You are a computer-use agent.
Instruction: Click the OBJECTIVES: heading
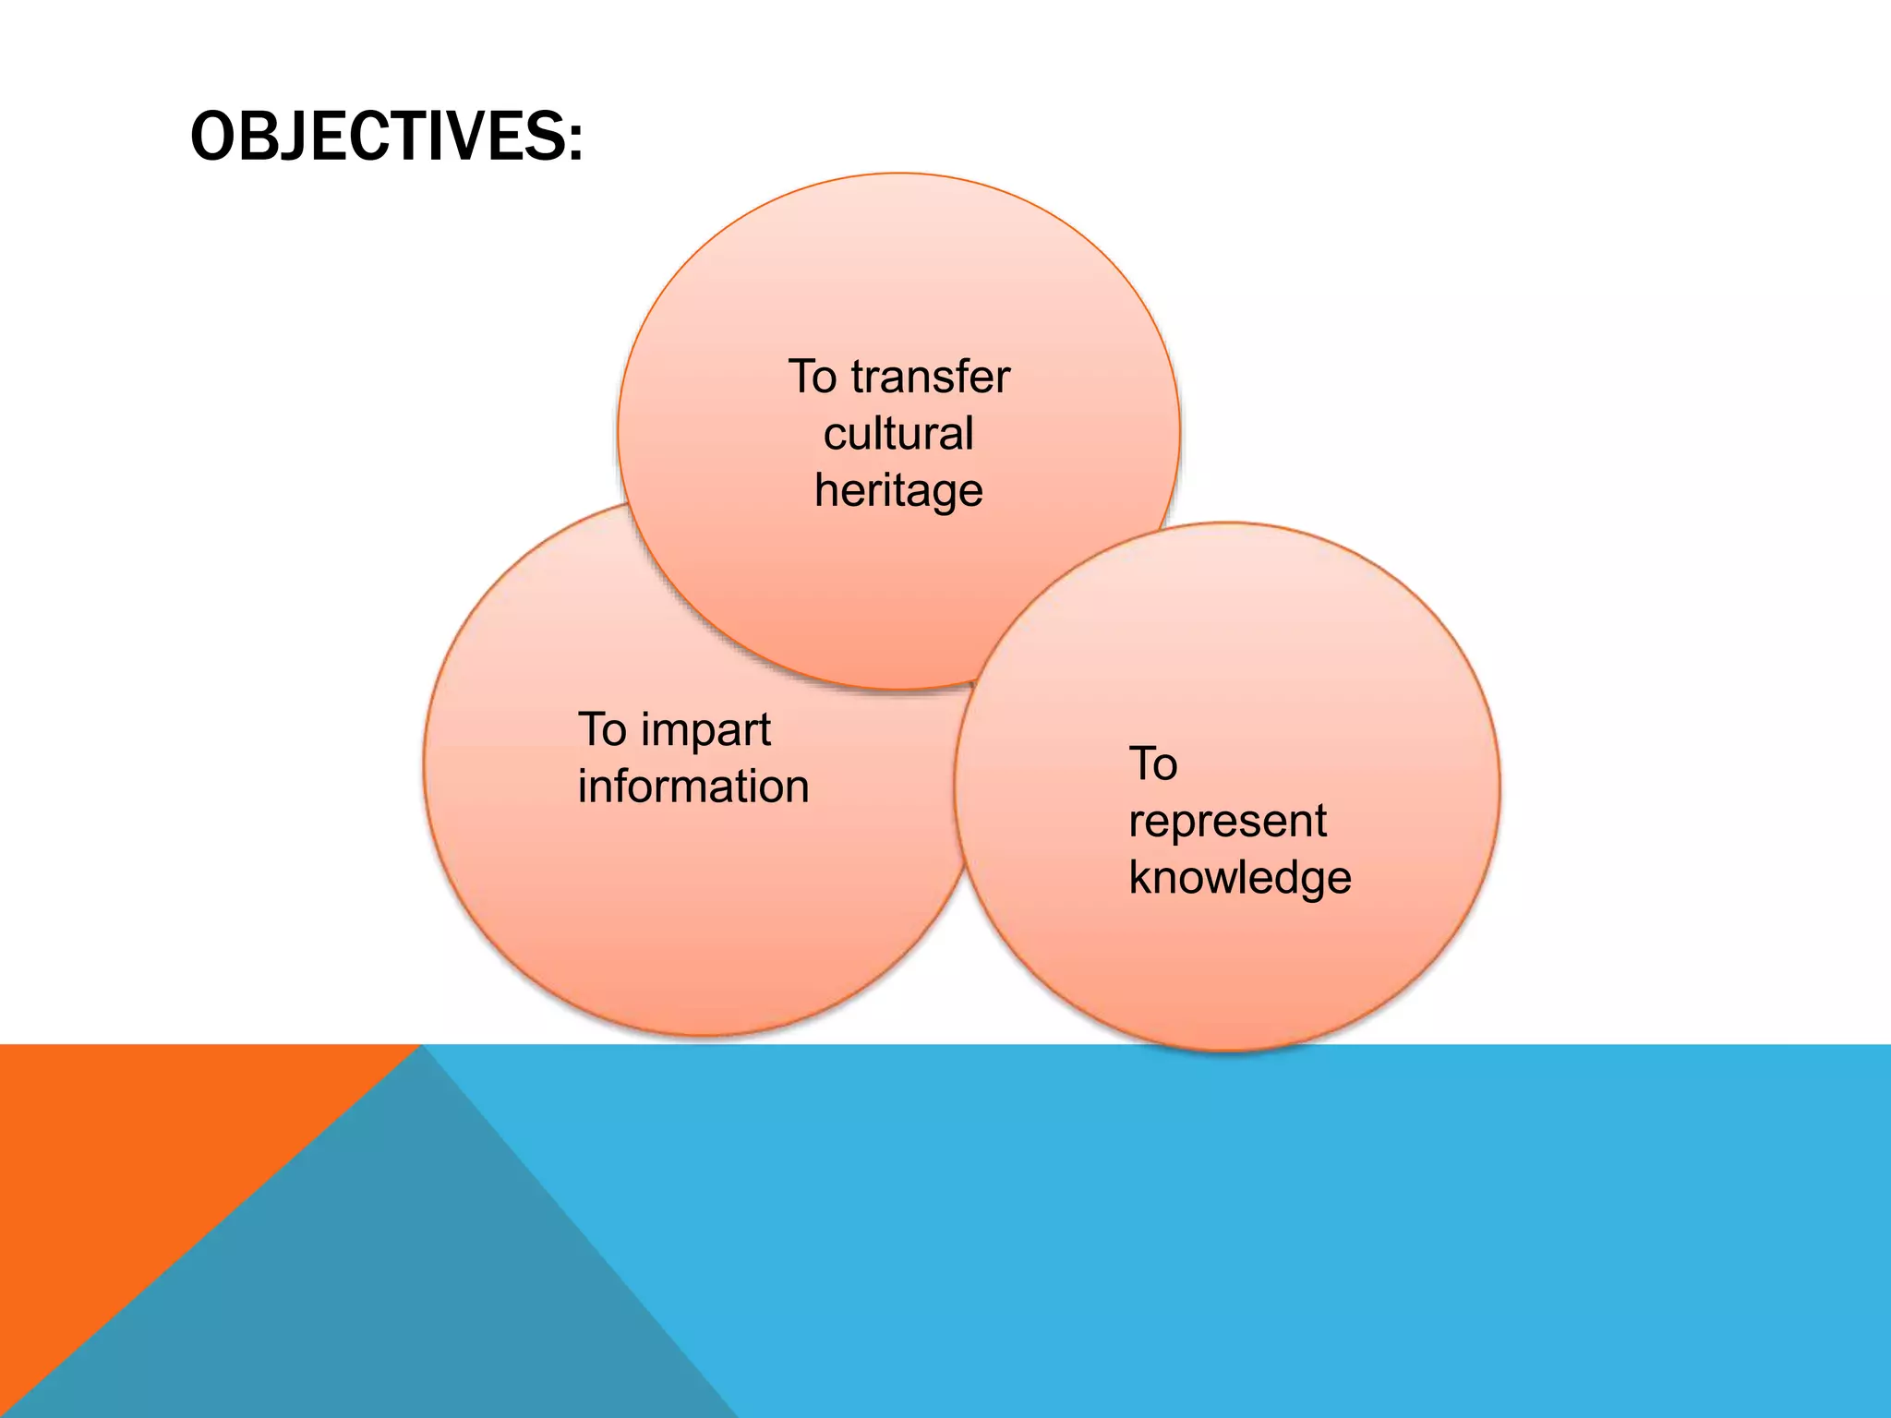point(386,137)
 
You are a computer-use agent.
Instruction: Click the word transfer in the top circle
point(930,378)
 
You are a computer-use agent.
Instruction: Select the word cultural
point(898,434)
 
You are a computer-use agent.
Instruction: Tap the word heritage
point(898,491)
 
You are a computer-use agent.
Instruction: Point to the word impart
point(705,731)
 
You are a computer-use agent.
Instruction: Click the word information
point(693,787)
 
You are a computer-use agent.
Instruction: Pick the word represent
point(1227,822)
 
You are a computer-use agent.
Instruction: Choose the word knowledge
point(1239,877)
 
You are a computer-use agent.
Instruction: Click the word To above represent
point(1153,764)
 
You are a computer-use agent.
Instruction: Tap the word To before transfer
point(813,378)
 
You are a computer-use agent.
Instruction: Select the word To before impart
point(602,730)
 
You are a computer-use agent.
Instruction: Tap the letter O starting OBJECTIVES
point(211,137)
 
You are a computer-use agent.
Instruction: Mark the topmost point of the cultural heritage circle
point(898,174)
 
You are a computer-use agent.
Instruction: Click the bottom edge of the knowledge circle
point(1228,1050)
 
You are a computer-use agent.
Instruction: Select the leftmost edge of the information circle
point(425,766)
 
